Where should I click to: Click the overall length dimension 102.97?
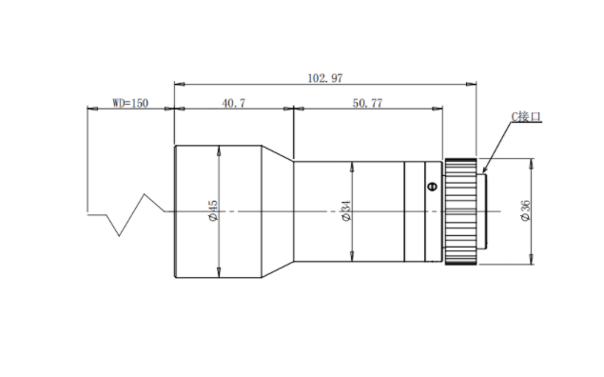[324, 78]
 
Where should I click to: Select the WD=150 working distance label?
[130, 104]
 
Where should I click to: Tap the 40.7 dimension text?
[233, 104]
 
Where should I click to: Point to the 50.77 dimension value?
[367, 104]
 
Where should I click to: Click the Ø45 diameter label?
[213, 210]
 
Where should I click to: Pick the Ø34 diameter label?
[346, 210]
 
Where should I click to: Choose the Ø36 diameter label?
[525, 210]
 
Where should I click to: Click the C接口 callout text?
[526, 117]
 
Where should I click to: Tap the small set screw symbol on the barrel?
[433, 187]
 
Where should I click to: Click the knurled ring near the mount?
[460, 211]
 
